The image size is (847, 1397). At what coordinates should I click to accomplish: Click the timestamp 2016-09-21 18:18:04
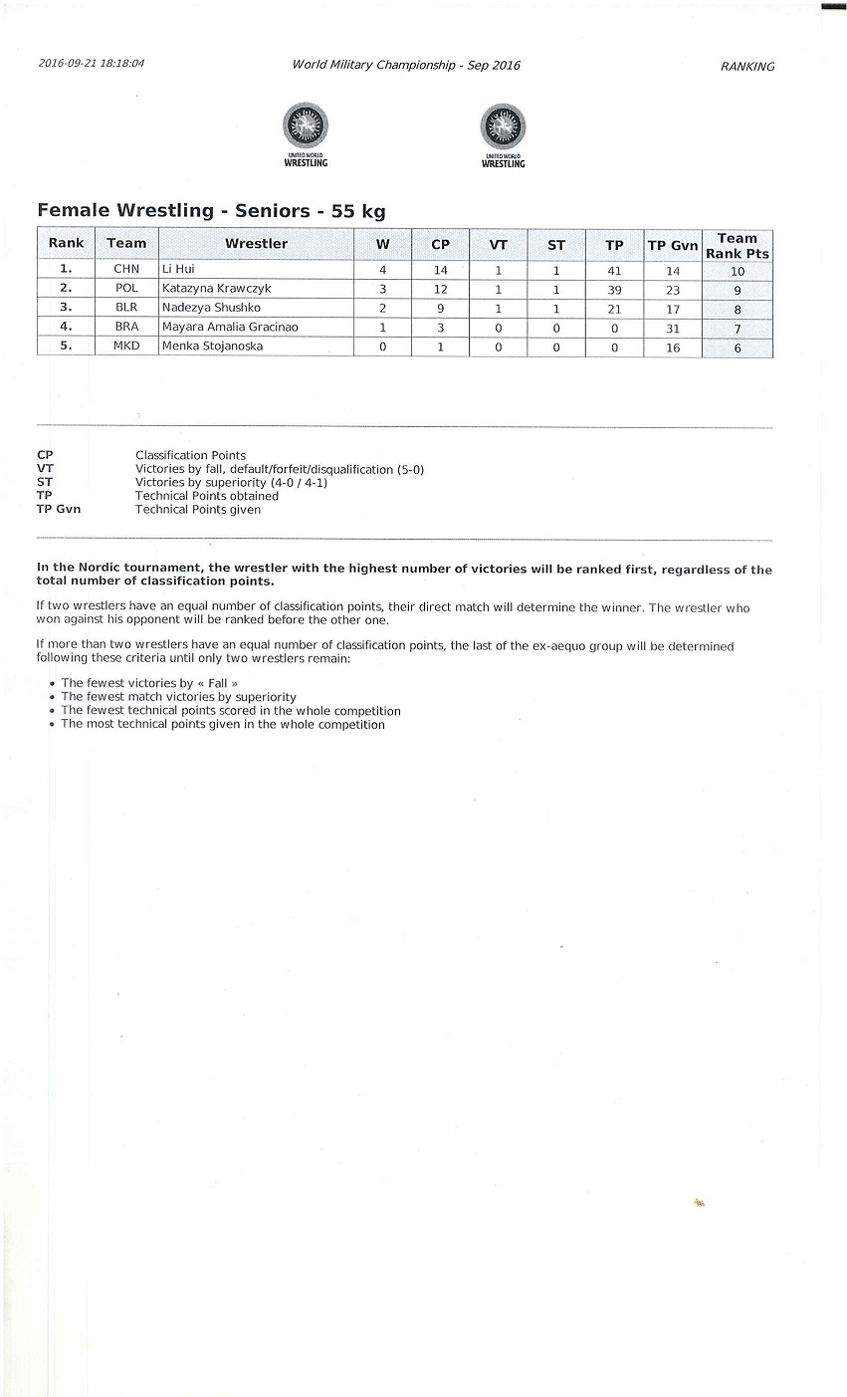pyautogui.click(x=92, y=63)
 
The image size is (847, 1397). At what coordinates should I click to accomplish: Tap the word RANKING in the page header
pyautogui.click(x=746, y=67)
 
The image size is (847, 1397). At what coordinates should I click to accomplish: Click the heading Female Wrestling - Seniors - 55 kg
pyautogui.click(x=211, y=211)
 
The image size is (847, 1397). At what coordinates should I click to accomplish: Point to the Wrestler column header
pyautogui.click(x=256, y=244)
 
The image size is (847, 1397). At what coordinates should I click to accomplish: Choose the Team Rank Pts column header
pyautogui.click(x=738, y=246)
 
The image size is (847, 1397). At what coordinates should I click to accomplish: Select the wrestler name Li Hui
pyautogui.click(x=178, y=270)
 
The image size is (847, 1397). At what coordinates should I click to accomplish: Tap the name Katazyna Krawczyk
pyautogui.click(x=216, y=289)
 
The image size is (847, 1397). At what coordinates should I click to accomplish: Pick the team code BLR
pyautogui.click(x=126, y=309)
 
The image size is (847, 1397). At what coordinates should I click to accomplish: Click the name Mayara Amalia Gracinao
pyautogui.click(x=230, y=328)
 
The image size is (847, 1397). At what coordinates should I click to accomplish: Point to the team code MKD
pyautogui.click(x=126, y=348)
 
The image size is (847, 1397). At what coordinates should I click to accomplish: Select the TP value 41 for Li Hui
pyautogui.click(x=614, y=271)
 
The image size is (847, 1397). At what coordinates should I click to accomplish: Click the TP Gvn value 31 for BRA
pyautogui.click(x=673, y=329)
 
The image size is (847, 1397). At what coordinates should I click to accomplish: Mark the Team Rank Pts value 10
pyautogui.click(x=738, y=272)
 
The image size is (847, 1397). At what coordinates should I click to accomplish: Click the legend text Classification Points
pyautogui.click(x=190, y=456)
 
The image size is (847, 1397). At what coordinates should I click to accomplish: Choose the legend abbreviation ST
pyautogui.click(x=45, y=483)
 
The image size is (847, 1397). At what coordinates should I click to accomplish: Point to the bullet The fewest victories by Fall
pyautogui.click(x=149, y=684)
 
